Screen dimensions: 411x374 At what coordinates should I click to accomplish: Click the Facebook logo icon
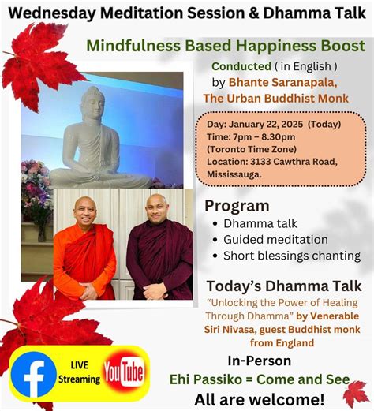pos(34,375)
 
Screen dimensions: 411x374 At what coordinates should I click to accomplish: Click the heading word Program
pos(237,206)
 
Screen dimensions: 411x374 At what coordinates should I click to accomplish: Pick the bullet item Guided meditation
pos(275,239)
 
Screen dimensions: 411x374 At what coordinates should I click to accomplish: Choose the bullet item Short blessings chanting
pos(291,256)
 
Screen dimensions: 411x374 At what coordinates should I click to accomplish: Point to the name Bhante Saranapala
pos(268,82)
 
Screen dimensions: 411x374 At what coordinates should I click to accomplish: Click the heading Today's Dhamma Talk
pos(283,286)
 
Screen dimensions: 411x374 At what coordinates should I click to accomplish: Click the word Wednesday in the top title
pos(56,14)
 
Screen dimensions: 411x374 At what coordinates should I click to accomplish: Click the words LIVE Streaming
pos(79,373)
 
